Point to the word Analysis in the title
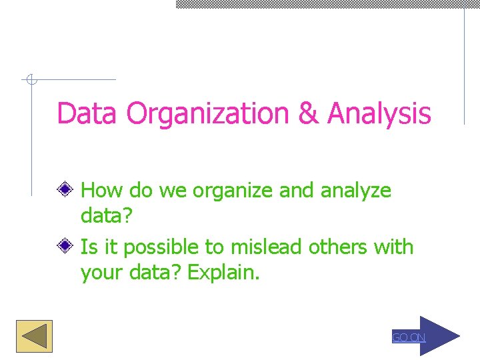[x=379, y=113]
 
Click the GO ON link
[x=408, y=337]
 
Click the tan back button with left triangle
[x=34, y=336]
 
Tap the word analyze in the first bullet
[x=356, y=191]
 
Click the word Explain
[x=223, y=273]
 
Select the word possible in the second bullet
[x=160, y=248]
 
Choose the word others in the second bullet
[x=338, y=247]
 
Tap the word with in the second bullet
[x=394, y=247]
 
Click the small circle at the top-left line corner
[x=30, y=81]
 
